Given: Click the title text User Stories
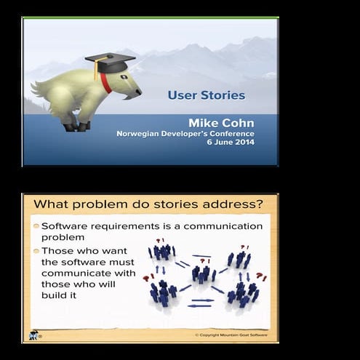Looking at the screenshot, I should (x=206, y=95).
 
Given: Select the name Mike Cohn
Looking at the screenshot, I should (x=221, y=123).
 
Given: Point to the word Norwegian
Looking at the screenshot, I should (x=144, y=134).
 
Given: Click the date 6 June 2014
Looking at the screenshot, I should (x=231, y=143).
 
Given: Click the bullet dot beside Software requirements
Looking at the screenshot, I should (x=36, y=226).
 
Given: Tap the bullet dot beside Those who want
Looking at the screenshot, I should (x=36, y=252).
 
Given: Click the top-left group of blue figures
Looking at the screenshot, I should (x=162, y=252).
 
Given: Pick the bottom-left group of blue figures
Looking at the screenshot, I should (x=163, y=292).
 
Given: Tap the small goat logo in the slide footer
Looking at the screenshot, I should (x=33, y=335).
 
